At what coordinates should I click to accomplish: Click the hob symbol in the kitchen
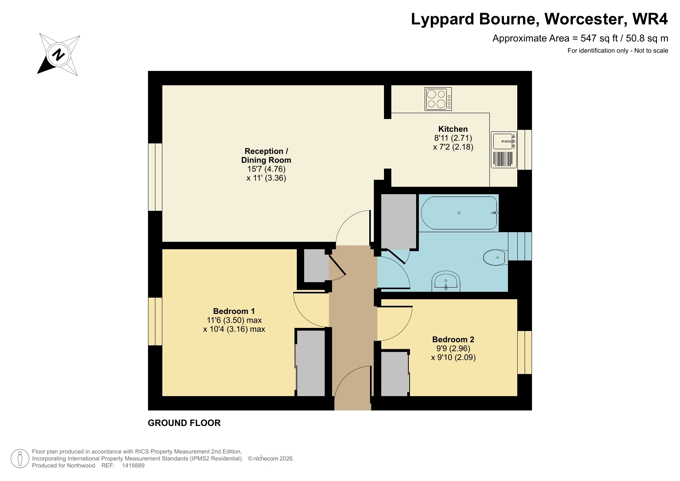pos(438,99)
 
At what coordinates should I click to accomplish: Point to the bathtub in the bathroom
pos(459,213)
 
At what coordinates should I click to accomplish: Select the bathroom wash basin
pos(446,281)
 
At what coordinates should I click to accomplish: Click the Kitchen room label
pos(453,129)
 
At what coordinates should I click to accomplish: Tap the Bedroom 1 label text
pos(234,311)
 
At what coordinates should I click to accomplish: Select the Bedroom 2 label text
pos(453,340)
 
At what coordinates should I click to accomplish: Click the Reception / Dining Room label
pos(266,155)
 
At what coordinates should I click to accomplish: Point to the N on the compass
pos(59,54)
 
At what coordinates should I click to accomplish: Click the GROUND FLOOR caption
pos(184,423)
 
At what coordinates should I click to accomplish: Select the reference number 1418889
pos(133,465)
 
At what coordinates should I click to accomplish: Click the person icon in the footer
pos(19,459)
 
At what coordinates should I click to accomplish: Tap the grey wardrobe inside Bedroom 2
pos(394,374)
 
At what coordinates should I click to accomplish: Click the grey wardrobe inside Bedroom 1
pos(310,363)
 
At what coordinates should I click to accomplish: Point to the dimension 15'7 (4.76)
pos(266,169)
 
